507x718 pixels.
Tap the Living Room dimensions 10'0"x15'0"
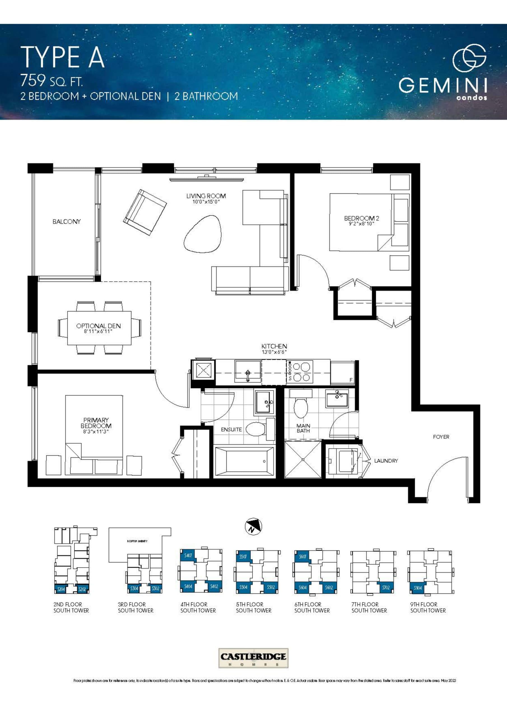coord(206,202)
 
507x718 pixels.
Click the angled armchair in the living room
coord(145,212)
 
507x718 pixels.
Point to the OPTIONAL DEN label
coord(98,326)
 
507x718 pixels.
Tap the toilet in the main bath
coord(301,406)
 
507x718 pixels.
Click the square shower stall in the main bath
coord(303,459)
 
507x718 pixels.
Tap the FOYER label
coord(441,437)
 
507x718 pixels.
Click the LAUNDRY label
coord(386,461)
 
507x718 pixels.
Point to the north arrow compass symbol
coord(253,527)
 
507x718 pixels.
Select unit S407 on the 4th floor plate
coord(188,556)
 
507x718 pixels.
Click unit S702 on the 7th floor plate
coord(386,588)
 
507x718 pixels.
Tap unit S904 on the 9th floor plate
coord(418,588)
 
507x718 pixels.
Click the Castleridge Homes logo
coord(253,658)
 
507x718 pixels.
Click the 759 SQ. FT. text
coord(52,81)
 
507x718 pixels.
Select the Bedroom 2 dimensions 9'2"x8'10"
coord(361,224)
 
